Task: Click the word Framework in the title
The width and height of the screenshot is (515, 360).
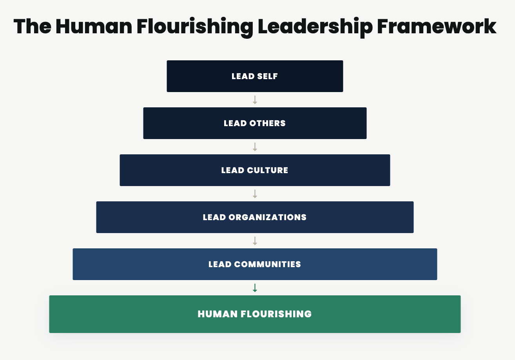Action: [437, 27]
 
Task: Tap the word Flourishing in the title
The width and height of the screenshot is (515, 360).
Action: [195, 27]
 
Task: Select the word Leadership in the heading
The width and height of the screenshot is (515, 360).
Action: [315, 27]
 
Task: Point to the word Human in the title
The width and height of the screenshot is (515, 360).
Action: [94, 27]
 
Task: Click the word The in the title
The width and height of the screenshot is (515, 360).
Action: [33, 27]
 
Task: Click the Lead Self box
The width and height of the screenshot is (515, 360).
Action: [255, 76]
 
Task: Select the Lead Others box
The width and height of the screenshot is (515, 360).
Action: [255, 123]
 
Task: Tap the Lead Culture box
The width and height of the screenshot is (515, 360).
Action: [255, 170]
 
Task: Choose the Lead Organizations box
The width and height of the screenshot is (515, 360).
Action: [255, 217]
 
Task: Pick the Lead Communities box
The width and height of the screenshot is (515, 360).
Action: [255, 264]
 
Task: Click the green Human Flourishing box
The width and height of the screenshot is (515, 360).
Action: [255, 314]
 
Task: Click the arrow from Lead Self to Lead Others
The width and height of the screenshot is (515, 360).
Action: [255, 100]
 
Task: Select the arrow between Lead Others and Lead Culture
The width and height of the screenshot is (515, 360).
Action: [255, 147]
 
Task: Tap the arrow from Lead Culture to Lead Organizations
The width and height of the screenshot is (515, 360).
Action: [255, 194]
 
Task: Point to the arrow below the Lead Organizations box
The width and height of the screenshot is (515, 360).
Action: [255, 241]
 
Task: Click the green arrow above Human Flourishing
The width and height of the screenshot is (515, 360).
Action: [255, 288]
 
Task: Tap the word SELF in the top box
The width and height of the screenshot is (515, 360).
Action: [267, 76]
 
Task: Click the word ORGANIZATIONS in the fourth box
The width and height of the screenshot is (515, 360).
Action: [267, 217]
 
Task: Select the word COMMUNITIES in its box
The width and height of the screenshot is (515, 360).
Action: [267, 264]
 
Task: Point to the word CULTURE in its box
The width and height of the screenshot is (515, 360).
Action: [267, 170]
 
